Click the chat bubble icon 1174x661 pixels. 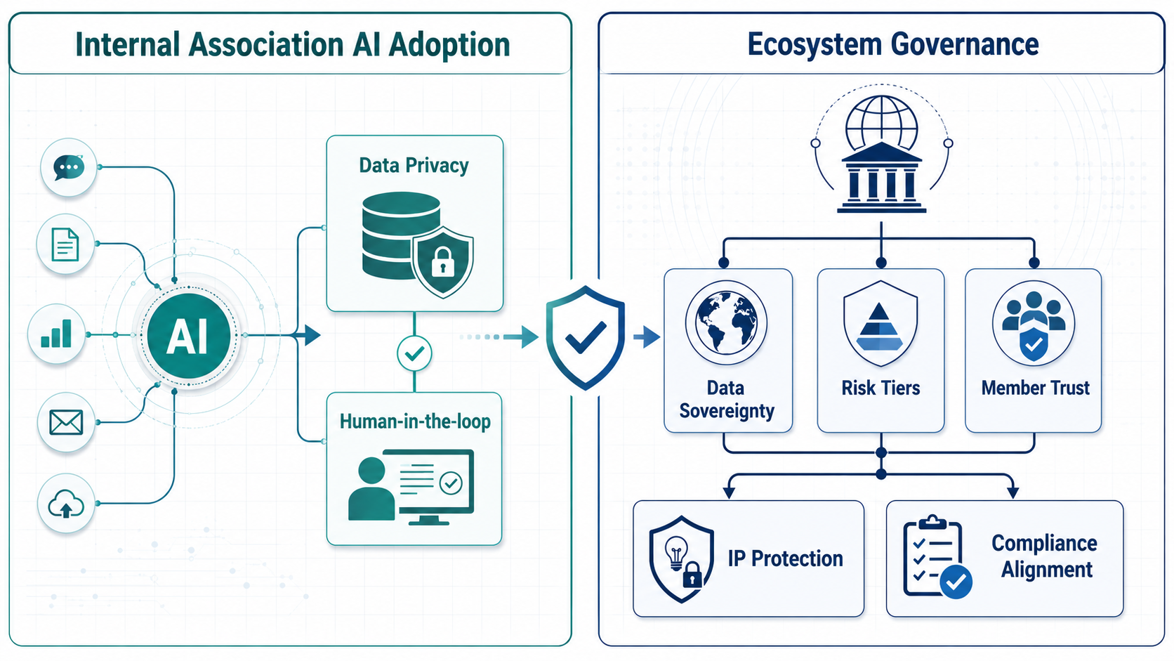click(x=69, y=167)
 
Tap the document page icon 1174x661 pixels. click(x=65, y=244)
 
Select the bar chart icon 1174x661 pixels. click(x=57, y=334)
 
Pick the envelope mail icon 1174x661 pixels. click(x=66, y=422)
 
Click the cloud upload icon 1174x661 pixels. click(x=66, y=504)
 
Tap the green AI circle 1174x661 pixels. click(x=189, y=336)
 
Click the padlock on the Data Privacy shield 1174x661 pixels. click(x=443, y=261)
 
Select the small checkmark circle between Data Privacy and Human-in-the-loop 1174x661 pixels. click(x=414, y=354)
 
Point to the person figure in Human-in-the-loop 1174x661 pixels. click(x=371, y=488)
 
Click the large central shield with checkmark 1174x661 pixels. click(x=585, y=338)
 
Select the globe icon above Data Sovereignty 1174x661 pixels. click(x=726, y=322)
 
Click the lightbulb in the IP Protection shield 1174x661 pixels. click(x=676, y=552)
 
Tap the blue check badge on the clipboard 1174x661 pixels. click(x=956, y=582)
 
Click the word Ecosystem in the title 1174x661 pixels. click(x=815, y=44)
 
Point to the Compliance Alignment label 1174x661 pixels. click(x=1045, y=556)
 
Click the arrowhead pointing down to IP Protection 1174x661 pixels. click(x=729, y=492)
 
